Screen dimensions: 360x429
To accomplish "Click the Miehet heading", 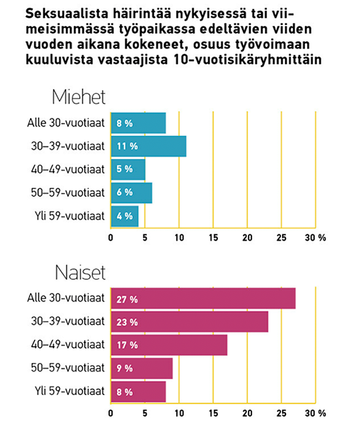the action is [x=79, y=97].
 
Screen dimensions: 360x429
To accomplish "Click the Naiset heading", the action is [x=81, y=272].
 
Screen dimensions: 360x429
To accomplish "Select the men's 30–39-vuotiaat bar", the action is [x=149, y=146].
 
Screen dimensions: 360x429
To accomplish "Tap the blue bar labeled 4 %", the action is [x=125, y=216].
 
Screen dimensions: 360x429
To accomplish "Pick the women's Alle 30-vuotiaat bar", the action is [x=204, y=298].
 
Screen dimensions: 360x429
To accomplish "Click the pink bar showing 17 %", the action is [x=169, y=345].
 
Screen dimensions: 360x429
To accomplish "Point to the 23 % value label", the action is [x=127, y=322].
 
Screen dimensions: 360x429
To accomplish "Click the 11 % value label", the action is [x=127, y=146].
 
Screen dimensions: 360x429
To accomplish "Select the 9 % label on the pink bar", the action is [x=124, y=368].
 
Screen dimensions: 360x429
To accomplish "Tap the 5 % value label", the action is [x=124, y=169].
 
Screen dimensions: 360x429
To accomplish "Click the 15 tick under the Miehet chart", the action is [x=213, y=238].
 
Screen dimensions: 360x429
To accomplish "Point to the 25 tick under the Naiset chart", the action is [x=281, y=413].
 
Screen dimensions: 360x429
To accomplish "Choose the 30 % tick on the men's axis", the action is [x=315, y=238].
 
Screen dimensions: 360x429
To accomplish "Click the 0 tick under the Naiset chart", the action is [x=111, y=413].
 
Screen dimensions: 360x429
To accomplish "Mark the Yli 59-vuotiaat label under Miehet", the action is [x=69, y=216].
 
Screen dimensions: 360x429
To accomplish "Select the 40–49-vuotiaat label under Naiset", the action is [x=67, y=345].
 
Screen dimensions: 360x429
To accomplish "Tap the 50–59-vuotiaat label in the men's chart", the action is [x=67, y=193].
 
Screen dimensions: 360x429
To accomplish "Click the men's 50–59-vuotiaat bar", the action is [x=132, y=193].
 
